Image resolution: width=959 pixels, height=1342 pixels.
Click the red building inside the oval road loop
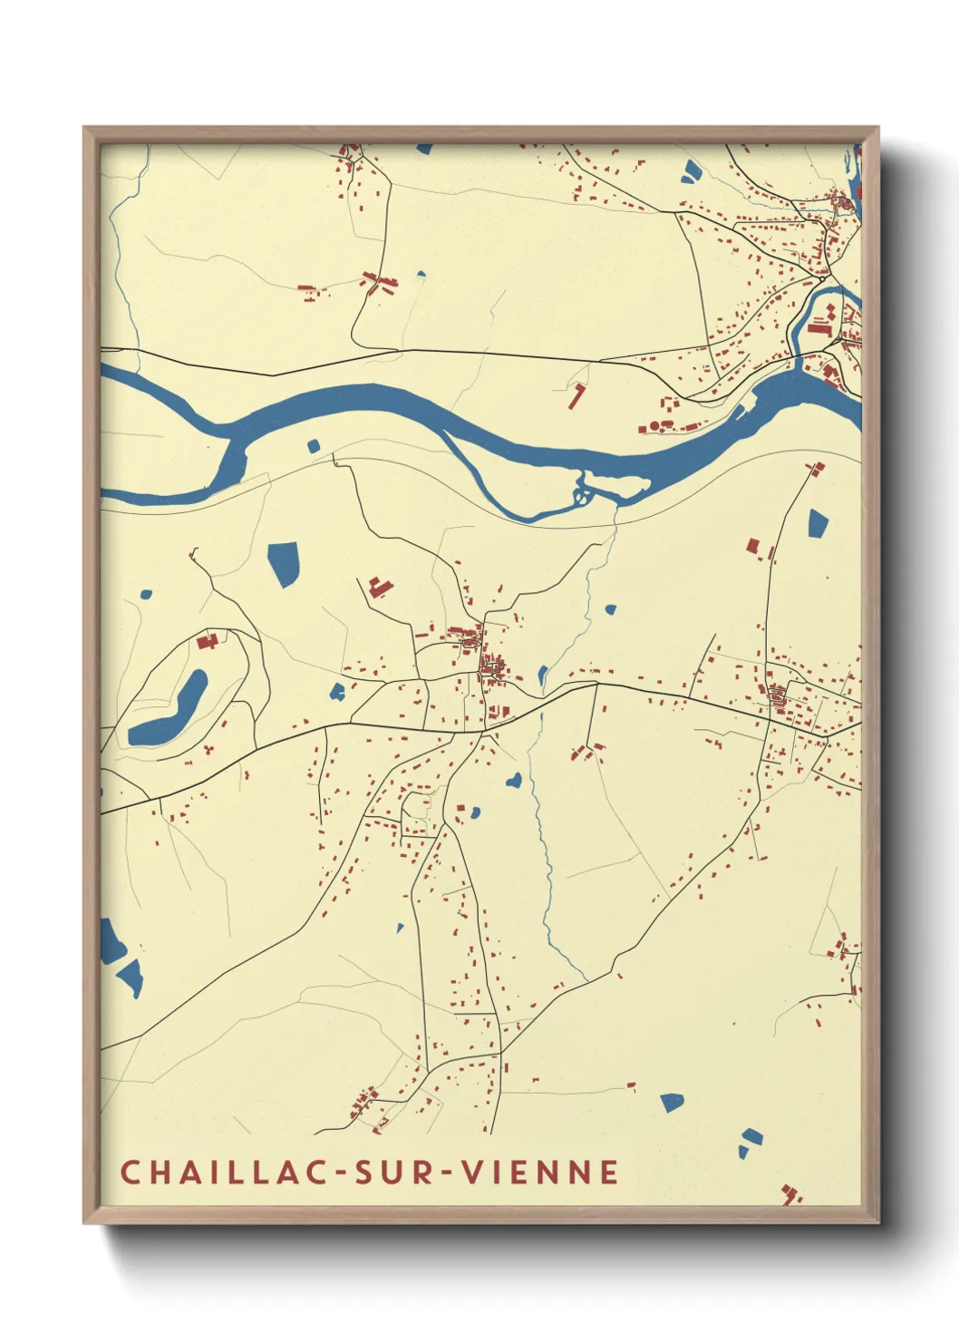[x=208, y=641]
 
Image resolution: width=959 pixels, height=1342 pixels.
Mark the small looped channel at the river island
[x=581, y=494]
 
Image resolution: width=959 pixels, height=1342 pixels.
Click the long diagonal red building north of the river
[x=576, y=396]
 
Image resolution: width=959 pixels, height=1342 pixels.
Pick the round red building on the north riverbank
[x=654, y=424]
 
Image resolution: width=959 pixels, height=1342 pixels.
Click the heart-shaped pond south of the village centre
[x=514, y=779]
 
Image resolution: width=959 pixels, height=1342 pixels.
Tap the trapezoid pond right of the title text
[x=672, y=1102]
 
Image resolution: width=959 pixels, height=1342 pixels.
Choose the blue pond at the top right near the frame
[x=691, y=170]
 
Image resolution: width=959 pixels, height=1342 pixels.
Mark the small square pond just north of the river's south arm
[x=314, y=445]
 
